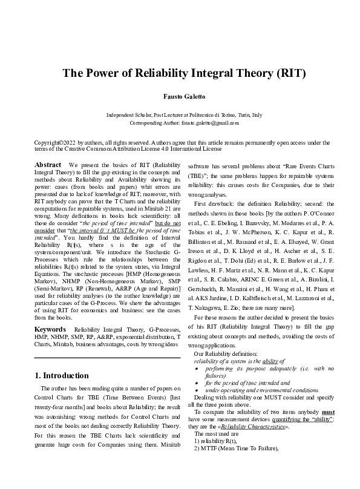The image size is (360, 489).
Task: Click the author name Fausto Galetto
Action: click(180, 97)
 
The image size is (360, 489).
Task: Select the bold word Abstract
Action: click(48, 165)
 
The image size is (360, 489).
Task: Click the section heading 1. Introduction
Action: click(63, 376)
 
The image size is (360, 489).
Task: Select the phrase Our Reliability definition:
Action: click(223, 353)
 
